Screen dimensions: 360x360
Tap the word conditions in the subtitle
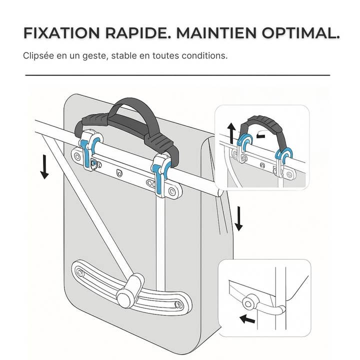205,55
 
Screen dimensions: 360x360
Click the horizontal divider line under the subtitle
177,75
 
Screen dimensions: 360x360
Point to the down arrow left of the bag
44,167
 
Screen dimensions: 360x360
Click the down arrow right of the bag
238,218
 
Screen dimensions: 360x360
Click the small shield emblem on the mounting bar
118,173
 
